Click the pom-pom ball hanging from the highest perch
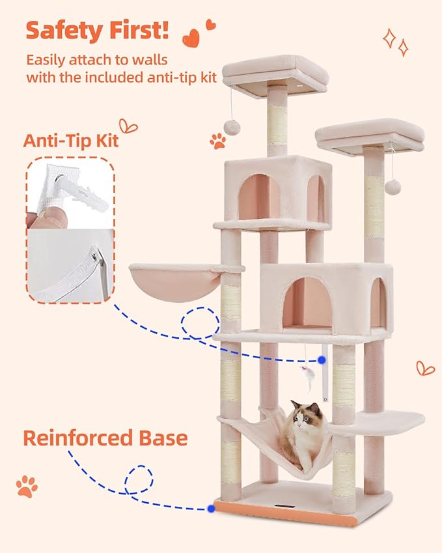click(230, 125)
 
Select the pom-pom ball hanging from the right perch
click(392, 187)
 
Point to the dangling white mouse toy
click(305, 375)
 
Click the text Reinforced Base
click(105, 437)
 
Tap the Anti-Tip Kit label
click(71, 139)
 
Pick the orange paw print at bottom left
click(27, 486)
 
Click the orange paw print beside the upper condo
click(217, 139)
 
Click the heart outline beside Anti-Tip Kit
click(128, 125)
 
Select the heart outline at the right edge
click(425, 368)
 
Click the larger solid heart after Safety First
click(191, 38)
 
